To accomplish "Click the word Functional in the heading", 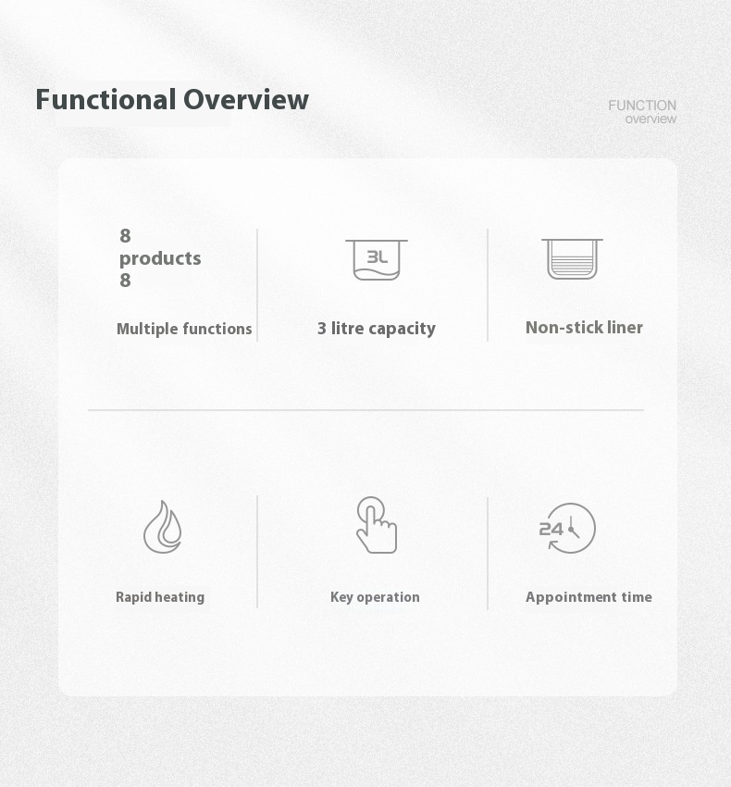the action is (105, 99).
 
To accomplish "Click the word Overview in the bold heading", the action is (246, 99).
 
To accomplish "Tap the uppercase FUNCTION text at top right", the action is (642, 106).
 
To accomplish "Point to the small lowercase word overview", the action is (650, 119).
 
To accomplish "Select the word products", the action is (160, 259).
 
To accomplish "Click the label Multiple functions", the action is (184, 329).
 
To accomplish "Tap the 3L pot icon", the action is (377, 259).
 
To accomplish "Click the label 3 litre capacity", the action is (377, 329).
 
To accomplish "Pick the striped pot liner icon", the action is (572, 258).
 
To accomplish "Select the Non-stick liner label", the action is (584, 327).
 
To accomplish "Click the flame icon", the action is (163, 527).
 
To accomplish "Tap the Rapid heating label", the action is (160, 597).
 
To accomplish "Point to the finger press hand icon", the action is (377, 525).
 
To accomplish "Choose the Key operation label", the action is (375, 597).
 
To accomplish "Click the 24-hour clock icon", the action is (567, 528).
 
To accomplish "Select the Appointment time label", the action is (589, 597).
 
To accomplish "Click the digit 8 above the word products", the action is (126, 236).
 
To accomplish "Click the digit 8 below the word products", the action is (126, 280).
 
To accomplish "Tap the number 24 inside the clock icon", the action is (551, 529).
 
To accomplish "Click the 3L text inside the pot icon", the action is (378, 257).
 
